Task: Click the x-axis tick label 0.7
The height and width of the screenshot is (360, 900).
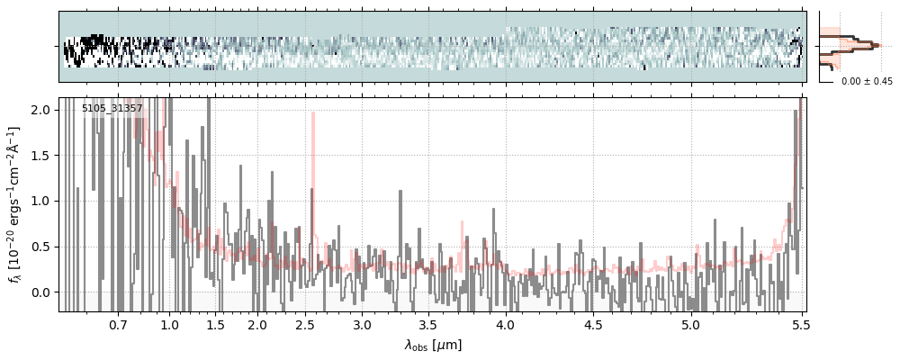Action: (118, 324)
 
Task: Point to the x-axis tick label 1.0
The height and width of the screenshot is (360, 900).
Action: (169, 324)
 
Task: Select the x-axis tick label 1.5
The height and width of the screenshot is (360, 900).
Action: (215, 324)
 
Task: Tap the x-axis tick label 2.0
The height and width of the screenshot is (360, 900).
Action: (257, 324)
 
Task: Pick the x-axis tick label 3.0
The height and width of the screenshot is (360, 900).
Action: (362, 324)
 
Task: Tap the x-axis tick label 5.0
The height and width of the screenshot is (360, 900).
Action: (690, 324)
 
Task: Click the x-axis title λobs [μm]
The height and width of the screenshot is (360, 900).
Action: (433, 345)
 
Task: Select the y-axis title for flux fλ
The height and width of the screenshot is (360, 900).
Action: (15, 204)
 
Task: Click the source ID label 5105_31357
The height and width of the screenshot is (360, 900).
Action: (112, 109)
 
